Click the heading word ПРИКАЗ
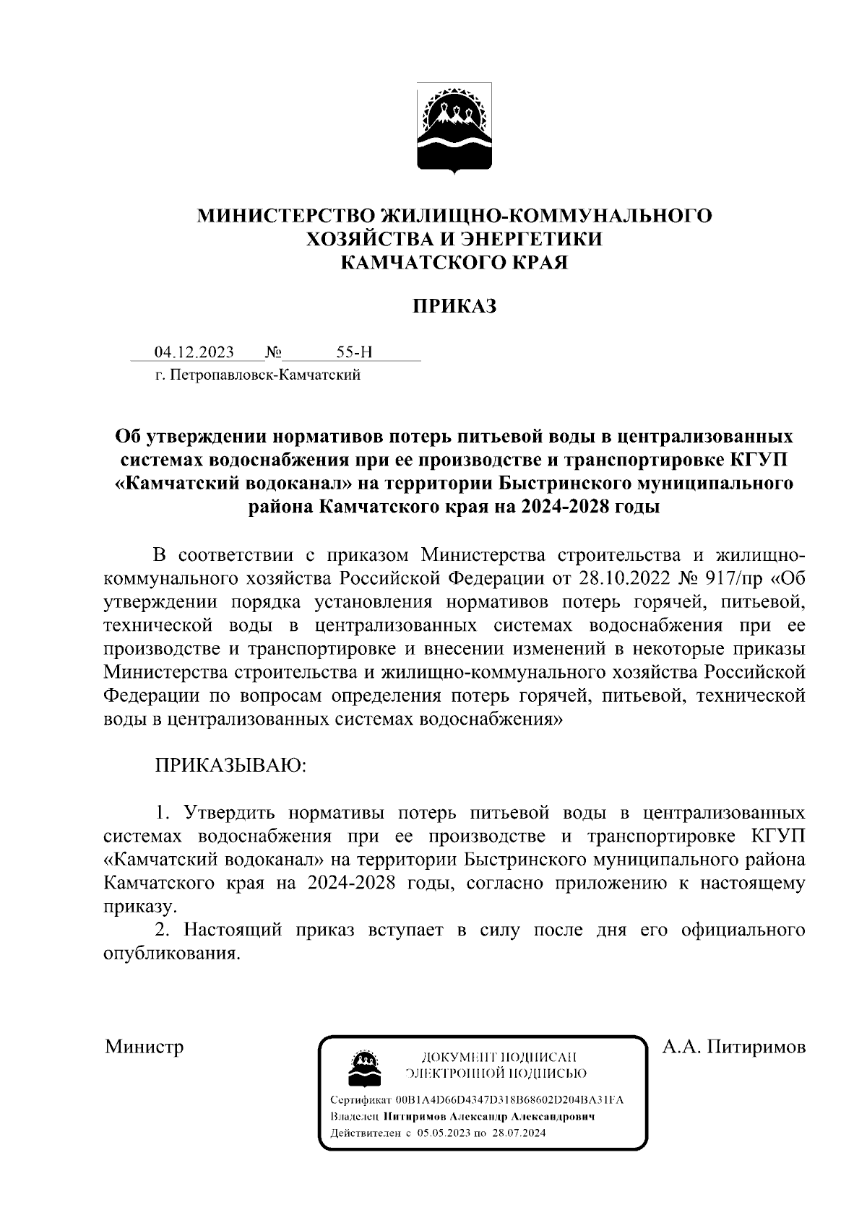[x=454, y=306]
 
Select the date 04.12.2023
[x=194, y=352]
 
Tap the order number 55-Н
[x=354, y=352]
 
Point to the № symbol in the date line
[x=273, y=352]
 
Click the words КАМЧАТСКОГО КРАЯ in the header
[x=454, y=262]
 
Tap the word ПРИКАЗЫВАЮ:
[x=231, y=764]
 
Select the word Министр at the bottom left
[x=144, y=1046]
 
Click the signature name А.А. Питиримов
[x=733, y=1046]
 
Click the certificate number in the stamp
[x=509, y=1101]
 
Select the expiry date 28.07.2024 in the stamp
[x=517, y=1133]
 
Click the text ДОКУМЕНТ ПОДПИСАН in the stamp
[x=498, y=1058]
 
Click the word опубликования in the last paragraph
[x=170, y=954]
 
